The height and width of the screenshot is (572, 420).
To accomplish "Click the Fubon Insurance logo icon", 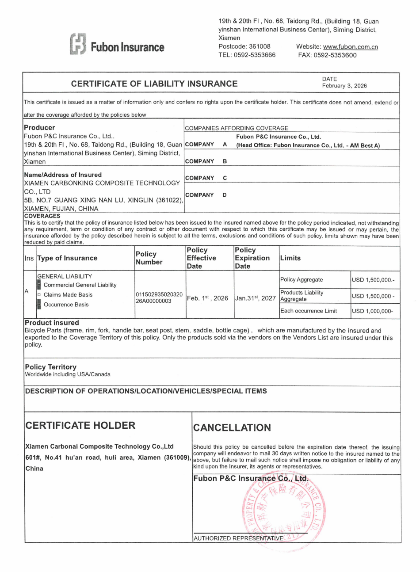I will click(77, 44).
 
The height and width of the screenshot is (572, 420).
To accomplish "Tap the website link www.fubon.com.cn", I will click(350, 47).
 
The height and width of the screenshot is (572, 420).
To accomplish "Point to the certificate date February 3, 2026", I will click(344, 86).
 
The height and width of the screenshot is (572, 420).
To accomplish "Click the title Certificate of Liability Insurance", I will click(154, 84).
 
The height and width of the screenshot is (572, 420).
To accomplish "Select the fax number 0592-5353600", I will click(328, 55).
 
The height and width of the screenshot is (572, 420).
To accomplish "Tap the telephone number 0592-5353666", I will click(247, 55).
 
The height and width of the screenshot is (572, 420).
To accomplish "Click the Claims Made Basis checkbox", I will click(39, 295).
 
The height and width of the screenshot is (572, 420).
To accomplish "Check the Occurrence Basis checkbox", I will click(39, 305).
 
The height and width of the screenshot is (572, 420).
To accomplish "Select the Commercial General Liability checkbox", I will click(39, 285).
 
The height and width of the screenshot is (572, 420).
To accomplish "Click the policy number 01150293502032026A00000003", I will click(159, 297).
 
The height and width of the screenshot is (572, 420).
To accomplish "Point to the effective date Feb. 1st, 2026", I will click(207, 298).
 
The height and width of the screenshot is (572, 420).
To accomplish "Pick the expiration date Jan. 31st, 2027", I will click(256, 298).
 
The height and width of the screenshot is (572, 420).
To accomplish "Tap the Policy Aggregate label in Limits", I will click(302, 280).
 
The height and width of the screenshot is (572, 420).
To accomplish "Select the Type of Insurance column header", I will click(67, 258).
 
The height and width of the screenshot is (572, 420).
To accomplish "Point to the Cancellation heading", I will click(232, 427).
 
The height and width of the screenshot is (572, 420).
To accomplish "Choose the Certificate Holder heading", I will click(80, 425).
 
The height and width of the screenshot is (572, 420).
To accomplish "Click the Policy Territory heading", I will click(50, 367).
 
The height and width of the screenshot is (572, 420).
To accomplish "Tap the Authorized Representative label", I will click(238, 538).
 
